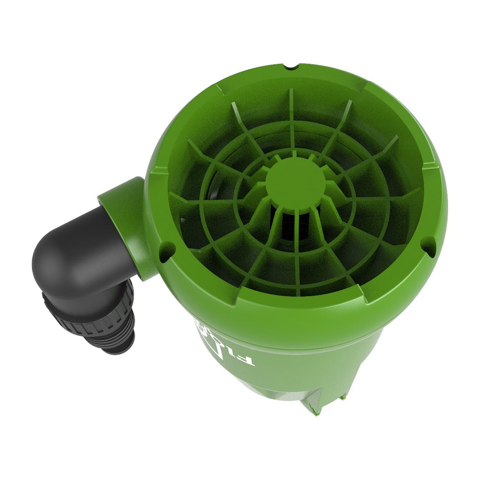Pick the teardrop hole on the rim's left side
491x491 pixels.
pos(166,250)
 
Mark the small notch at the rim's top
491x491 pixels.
pos(290,69)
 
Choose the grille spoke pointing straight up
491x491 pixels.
pos(291,118)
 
